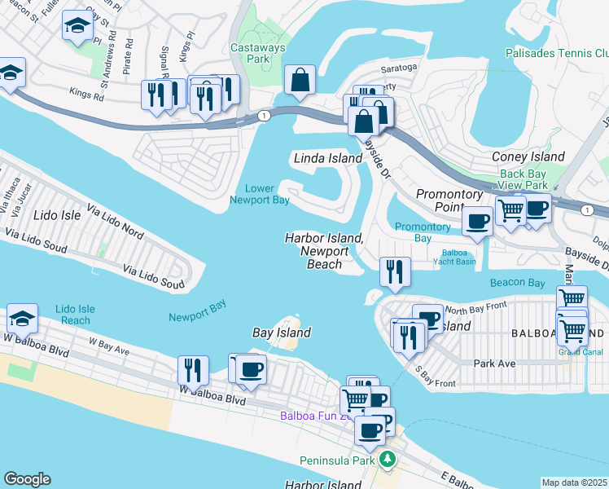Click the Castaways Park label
tap(249, 53)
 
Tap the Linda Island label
tap(326, 157)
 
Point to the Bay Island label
tap(282, 333)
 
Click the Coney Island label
tap(528, 156)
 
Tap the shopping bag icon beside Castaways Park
tap(300, 80)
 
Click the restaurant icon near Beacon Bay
tap(395, 271)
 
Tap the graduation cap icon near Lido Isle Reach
tap(22, 319)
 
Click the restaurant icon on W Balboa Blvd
tap(193, 370)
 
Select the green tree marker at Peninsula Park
tap(388, 460)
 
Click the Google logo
tap(27, 479)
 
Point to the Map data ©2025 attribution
tap(574, 482)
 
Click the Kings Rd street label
tap(86, 94)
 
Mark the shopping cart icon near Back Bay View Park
tap(510, 210)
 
